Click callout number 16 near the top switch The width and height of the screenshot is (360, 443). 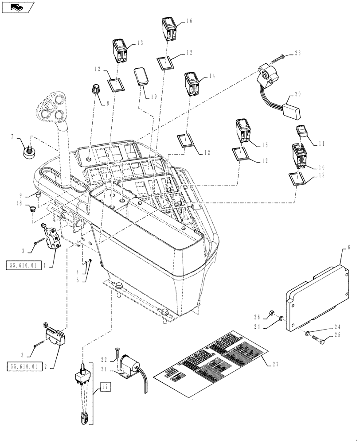click(x=189, y=21)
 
